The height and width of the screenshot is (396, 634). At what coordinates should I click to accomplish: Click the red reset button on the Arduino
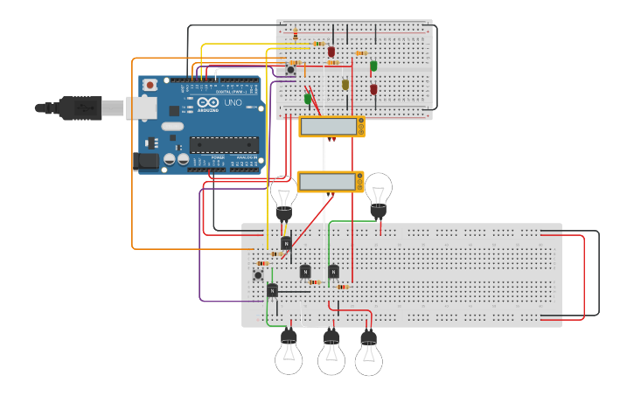(x=150, y=85)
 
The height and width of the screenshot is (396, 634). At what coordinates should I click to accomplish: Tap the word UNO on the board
(x=233, y=103)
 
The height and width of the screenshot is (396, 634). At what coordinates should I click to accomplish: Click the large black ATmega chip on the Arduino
(x=224, y=145)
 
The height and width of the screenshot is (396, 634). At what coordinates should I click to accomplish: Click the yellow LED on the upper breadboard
(x=345, y=84)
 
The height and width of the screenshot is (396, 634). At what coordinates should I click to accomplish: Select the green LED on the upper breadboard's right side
(x=373, y=66)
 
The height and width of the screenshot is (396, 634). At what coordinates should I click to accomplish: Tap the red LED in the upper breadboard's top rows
(x=331, y=52)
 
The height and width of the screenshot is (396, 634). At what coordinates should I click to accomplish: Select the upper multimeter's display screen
(x=327, y=127)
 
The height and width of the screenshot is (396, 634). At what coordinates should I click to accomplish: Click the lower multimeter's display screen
(x=326, y=182)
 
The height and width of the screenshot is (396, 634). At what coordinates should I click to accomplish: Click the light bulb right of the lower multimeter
(x=378, y=194)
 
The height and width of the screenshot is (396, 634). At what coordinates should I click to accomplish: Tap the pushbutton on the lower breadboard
(x=258, y=275)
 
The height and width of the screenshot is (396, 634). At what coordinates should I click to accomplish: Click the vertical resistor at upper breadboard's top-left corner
(x=295, y=33)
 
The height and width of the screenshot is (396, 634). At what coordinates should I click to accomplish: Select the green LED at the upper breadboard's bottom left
(x=308, y=98)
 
